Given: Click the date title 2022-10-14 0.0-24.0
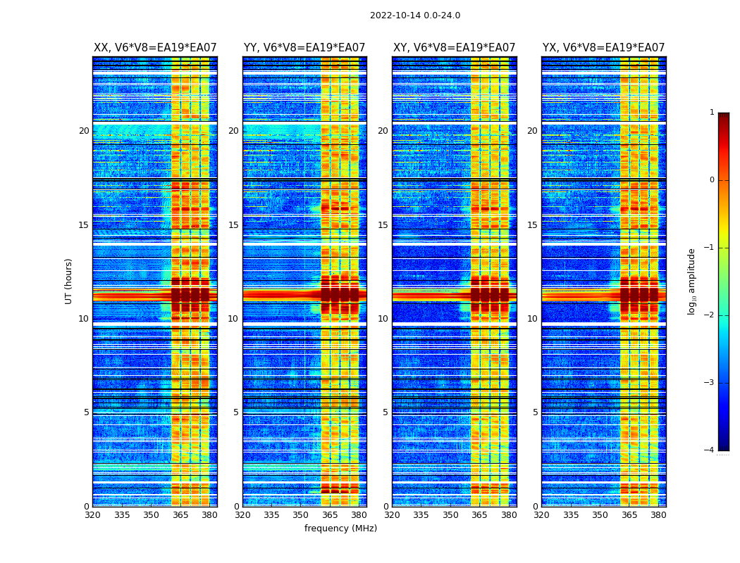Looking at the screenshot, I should [x=415, y=15].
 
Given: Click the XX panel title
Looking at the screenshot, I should [x=155, y=48].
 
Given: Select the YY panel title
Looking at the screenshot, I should [x=304, y=48].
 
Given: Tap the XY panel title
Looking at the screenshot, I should [x=454, y=48].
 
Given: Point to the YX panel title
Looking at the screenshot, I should [x=603, y=48].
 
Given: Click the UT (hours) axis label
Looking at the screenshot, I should [x=69, y=281].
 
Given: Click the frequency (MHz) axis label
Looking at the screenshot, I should [x=340, y=529].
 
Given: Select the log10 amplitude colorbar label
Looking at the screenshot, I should [x=692, y=281].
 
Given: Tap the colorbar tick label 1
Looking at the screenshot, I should [x=711, y=113].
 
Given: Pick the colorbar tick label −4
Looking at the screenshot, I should [x=710, y=450].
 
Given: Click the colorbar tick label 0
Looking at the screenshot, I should [x=711, y=180].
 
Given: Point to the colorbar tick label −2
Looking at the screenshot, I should [x=710, y=315].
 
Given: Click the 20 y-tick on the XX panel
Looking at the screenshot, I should [x=84, y=131].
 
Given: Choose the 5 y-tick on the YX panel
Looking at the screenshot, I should [x=535, y=412].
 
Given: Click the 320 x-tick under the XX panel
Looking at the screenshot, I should [x=92, y=515].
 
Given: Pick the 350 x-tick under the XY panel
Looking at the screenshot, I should [x=450, y=515].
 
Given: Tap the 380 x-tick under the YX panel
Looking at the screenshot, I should [x=658, y=515].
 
